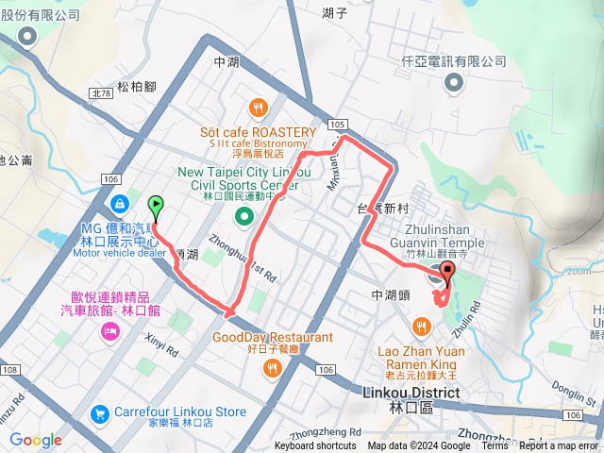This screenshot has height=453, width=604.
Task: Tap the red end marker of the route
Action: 445,274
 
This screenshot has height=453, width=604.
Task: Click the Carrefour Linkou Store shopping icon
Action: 100,414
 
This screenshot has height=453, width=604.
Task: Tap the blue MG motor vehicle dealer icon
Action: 121,203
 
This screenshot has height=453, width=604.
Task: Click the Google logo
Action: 35,440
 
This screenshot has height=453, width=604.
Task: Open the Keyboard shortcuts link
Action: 315,446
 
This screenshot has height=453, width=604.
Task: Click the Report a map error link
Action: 559,446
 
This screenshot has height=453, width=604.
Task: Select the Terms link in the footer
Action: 495,446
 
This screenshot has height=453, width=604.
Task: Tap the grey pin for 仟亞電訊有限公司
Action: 456,83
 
